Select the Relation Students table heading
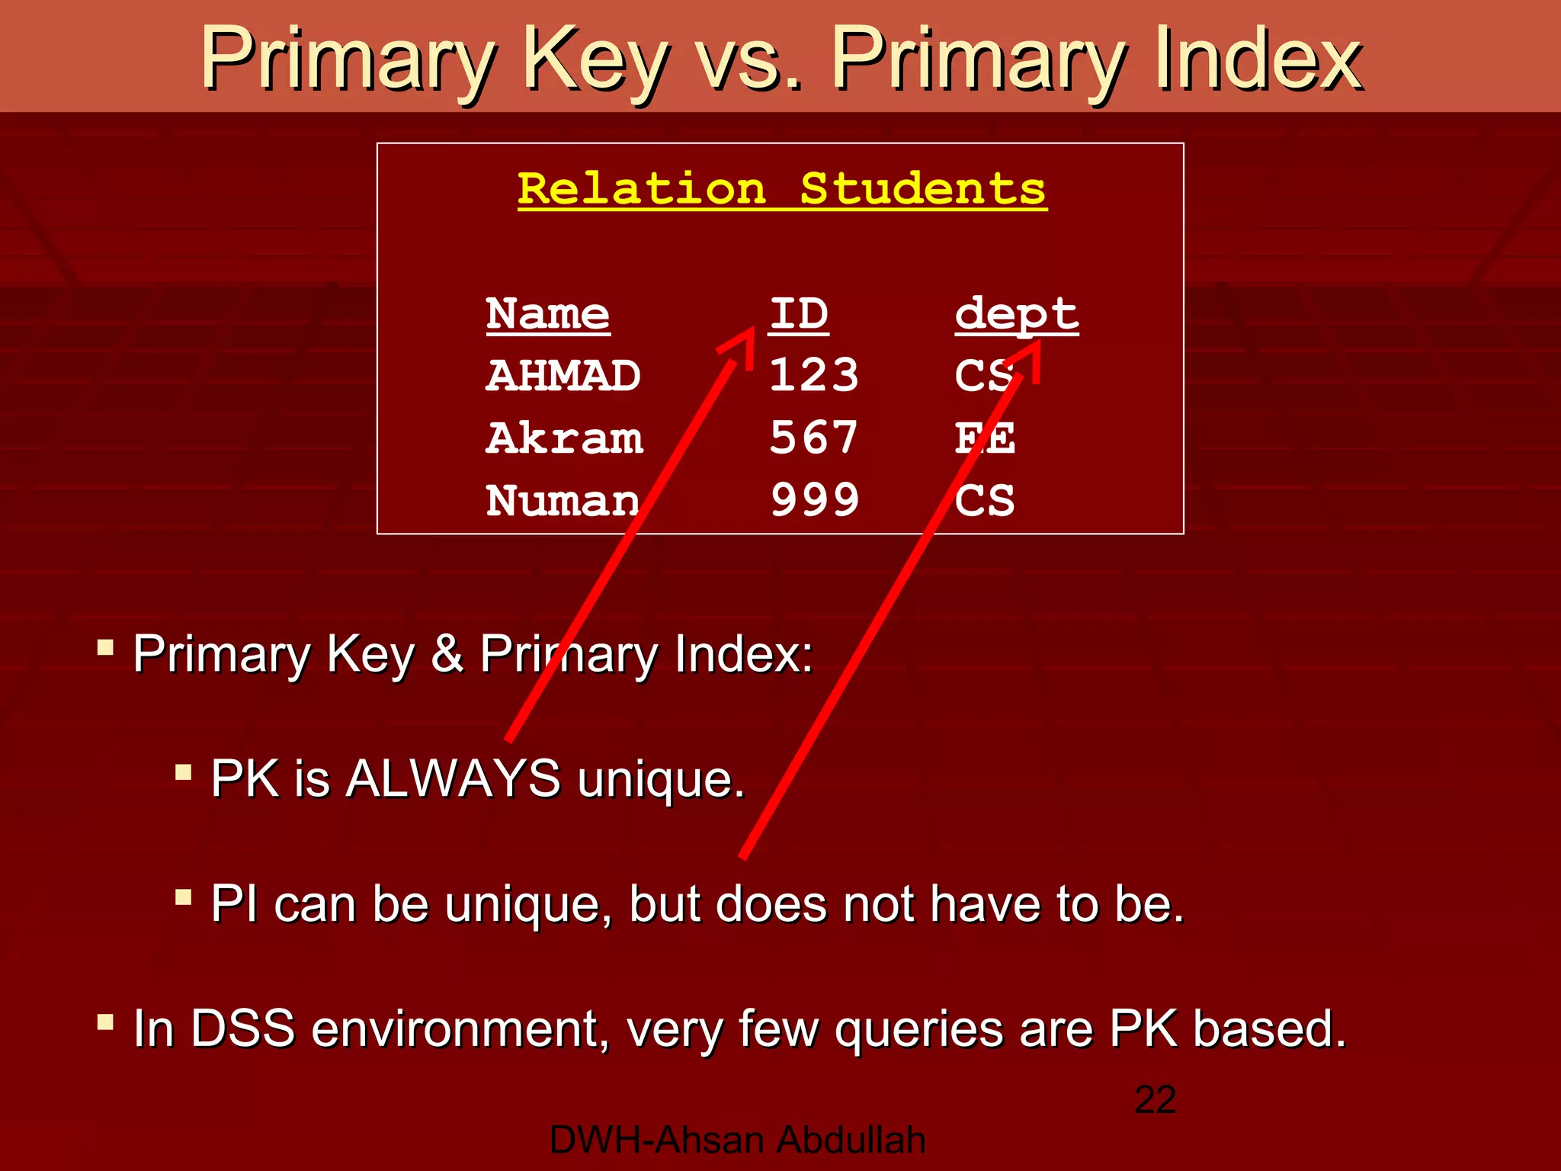tap(782, 189)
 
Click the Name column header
tap(547, 314)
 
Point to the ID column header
tap(798, 314)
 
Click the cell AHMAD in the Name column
tap(563, 376)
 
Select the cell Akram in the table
tap(564, 438)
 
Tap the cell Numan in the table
tap(563, 501)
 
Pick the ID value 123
tap(813, 376)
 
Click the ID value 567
tap(813, 438)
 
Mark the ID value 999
tap(814, 501)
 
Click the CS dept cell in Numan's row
tap(984, 501)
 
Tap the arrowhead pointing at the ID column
tap(741, 344)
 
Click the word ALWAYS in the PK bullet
tap(453, 779)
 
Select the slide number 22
tap(1155, 1099)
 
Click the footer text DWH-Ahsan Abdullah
tap(737, 1141)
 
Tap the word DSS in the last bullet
tap(242, 1028)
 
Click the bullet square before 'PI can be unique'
tap(183, 897)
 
